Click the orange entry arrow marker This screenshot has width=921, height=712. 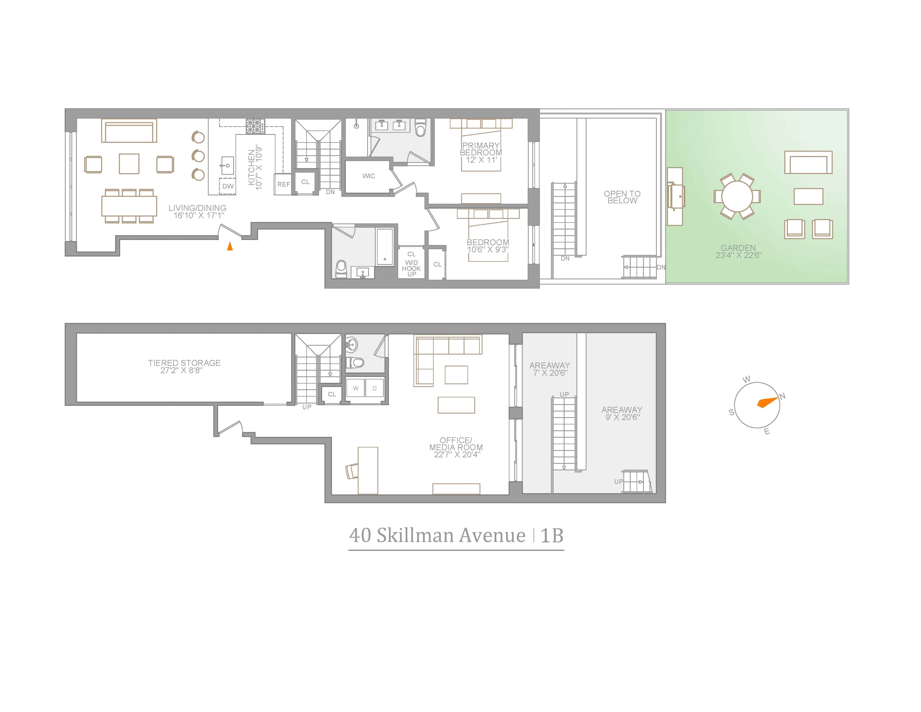click(230, 246)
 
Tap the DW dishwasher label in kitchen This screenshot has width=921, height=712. click(228, 186)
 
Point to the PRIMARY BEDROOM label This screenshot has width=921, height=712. click(481, 152)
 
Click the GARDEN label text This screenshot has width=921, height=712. click(738, 251)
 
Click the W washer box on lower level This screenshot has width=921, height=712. click(355, 388)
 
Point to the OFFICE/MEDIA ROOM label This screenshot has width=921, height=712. click(456, 447)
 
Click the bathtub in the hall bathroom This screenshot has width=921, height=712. click(385, 247)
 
